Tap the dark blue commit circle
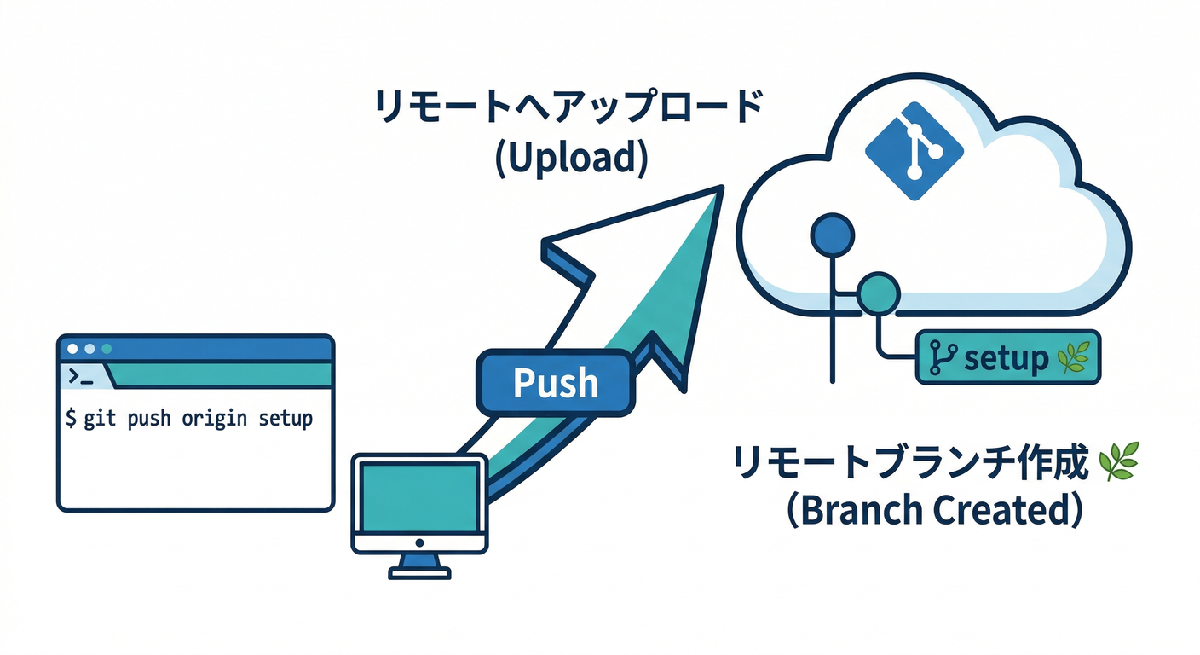tap(832, 234)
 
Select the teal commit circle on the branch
tap(877, 294)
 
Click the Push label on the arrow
tap(556, 384)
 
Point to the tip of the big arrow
tap(720, 189)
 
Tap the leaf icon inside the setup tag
tap(1071, 359)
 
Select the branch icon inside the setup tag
tap(941, 359)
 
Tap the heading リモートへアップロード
tap(568, 111)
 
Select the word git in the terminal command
tap(101, 419)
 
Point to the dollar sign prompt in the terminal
tap(71, 419)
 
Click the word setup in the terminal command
tap(286, 419)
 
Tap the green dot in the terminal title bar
tap(107, 349)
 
